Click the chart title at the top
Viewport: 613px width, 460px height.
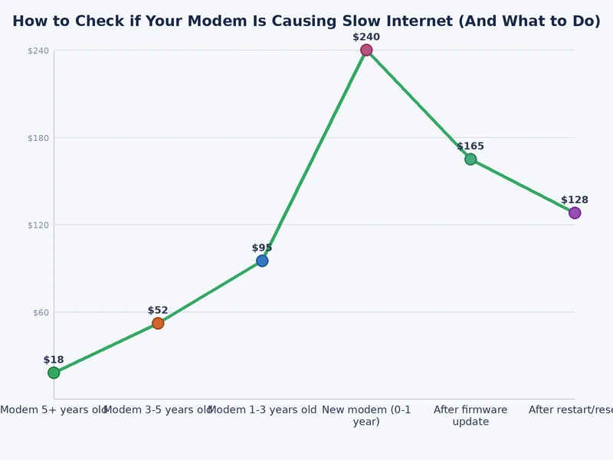pyautogui.click(x=306, y=21)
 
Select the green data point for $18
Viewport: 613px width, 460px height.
pyautogui.click(x=54, y=373)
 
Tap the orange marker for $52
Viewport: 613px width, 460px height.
pyautogui.click(x=158, y=323)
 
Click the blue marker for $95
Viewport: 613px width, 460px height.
pyautogui.click(x=262, y=261)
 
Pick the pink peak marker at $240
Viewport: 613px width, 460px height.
pyautogui.click(x=366, y=50)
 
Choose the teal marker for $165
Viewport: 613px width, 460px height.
pyautogui.click(x=470, y=159)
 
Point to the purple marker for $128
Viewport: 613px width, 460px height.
pyautogui.click(x=575, y=213)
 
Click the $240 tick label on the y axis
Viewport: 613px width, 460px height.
pyautogui.click(x=38, y=51)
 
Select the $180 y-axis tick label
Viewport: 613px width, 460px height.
pyautogui.click(x=38, y=138)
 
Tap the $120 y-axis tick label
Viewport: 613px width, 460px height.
pyautogui.click(x=38, y=225)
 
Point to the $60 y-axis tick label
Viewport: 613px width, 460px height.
pyautogui.click(x=40, y=312)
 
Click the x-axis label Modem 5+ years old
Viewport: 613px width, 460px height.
pyautogui.click(x=54, y=410)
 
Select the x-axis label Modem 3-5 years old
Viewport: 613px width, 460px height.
pyautogui.click(x=158, y=410)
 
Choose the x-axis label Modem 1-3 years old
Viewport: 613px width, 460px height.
pyautogui.click(x=262, y=410)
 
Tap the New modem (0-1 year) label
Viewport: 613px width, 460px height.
pyautogui.click(x=366, y=416)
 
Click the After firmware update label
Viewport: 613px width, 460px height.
pyautogui.click(x=470, y=416)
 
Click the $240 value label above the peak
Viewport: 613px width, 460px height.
pyautogui.click(x=366, y=37)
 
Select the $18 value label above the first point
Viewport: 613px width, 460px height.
pyautogui.click(x=54, y=360)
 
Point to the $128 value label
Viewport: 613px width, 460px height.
pyautogui.click(x=575, y=200)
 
